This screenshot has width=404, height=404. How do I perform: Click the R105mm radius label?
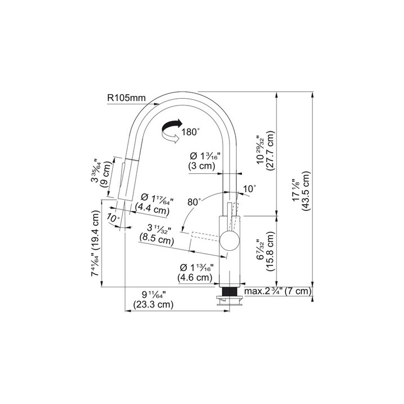(126, 98)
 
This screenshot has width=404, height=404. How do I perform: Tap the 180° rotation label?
(190, 132)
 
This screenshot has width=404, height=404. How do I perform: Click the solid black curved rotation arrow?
(171, 126)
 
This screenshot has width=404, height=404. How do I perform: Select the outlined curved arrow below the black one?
(170, 136)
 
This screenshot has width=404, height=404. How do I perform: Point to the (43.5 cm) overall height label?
(306, 191)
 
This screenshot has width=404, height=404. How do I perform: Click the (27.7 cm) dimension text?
(270, 151)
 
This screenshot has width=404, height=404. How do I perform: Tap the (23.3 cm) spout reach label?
(153, 305)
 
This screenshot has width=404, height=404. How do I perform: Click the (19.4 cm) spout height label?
(95, 231)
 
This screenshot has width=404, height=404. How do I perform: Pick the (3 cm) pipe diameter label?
(201, 166)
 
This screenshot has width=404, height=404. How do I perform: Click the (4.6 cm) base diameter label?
(195, 278)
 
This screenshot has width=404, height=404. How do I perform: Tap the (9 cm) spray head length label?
(106, 174)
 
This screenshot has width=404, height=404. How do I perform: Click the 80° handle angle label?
(194, 202)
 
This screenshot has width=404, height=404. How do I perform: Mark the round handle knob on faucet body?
(229, 241)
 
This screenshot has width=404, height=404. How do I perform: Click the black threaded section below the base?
(229, 292)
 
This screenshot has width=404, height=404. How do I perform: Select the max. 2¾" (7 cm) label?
(278, 291)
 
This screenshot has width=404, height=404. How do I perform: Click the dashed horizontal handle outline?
(205, 237)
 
